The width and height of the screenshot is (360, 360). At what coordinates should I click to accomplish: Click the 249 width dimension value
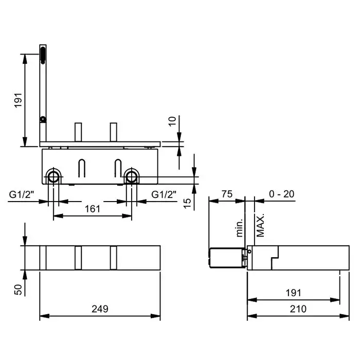click(x=100, y=309)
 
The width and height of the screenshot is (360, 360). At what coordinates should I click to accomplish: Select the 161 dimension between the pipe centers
click(x=93, y=209)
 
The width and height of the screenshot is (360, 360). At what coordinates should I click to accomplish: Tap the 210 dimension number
click(x=298, y=309)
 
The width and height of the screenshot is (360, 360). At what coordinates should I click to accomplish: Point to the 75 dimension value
click(x=227, y=194)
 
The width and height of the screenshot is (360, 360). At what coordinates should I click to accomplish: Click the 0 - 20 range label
click(x=281, y=194)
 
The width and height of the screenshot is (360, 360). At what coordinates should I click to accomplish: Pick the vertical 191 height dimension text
click(x=18, y=100)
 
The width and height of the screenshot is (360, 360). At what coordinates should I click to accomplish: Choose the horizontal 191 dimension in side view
click(x=293, y=293)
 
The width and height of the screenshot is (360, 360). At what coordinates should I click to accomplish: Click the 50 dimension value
click(x=18, y=290)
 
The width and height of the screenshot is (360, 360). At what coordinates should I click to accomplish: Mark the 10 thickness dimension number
click(x=172, y=121)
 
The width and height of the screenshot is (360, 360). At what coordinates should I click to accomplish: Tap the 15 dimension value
click(x=187, y=203)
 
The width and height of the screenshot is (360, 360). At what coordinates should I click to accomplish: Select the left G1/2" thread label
click(x=22, y=195)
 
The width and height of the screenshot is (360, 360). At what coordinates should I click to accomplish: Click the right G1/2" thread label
click(x=164, y=195)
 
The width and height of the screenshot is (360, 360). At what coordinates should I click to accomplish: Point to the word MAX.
click(x=260, y=225)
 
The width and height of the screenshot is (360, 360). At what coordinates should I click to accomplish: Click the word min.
click(x=239, y=227)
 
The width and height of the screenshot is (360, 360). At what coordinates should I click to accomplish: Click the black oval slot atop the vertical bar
click(x=43, y=55)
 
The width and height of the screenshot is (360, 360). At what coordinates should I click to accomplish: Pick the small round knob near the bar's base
click(x=43, y=120)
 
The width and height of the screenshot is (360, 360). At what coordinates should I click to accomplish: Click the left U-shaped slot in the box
click(x=82, y=168)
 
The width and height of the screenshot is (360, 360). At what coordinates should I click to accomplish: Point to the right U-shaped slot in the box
click(x=118, y=168)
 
